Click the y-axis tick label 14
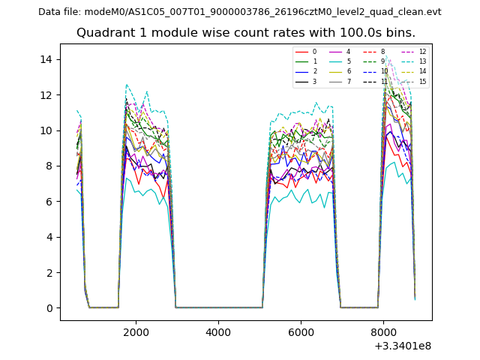[x=46, y=59]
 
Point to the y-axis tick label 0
[x=49, y=308]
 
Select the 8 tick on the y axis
[x=49, y=166]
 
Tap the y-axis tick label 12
[x=46, y=95]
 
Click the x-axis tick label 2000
[x=136, y=331]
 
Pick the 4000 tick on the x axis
[x=218, y=331]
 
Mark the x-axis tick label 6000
[x=301, y=331]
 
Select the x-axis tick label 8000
[x=383, y=331]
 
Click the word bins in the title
[x=400, y=33]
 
